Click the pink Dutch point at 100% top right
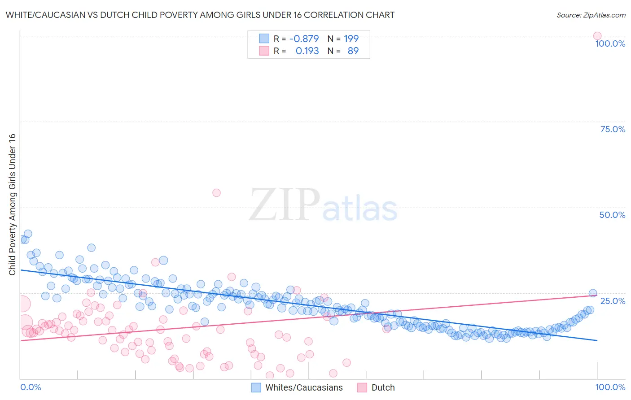point(597,36)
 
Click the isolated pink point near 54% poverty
point(216,193)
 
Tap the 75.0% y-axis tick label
point(613,129)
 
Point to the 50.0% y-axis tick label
point(612,215)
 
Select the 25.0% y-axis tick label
point(613,301)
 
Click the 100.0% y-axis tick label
point(610,43)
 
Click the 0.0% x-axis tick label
point(31,387)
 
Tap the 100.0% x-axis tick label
point(610,387)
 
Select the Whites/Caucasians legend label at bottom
point(304,387)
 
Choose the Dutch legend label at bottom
point(383,387)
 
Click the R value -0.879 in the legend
point(304,39)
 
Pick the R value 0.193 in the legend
point(307,51)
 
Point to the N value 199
point(351,39)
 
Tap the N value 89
point(353,51)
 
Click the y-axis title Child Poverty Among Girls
point(12,204)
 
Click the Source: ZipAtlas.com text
point(591,15)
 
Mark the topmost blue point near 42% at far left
point(28,234)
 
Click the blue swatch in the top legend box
point(264,39)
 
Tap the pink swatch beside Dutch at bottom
point(362,387)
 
